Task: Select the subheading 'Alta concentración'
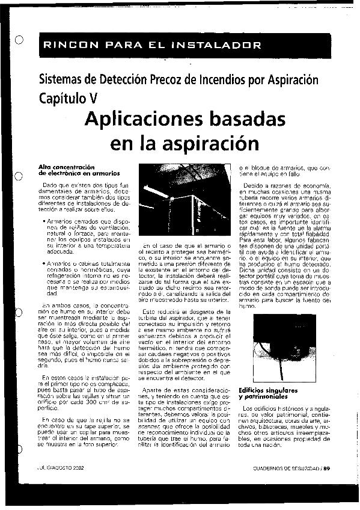[x=67, y=167]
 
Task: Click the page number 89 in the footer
[x=327, y=467]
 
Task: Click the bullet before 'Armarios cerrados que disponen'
[x=46, y=221]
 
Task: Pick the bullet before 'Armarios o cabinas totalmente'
[x=46, y=263]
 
